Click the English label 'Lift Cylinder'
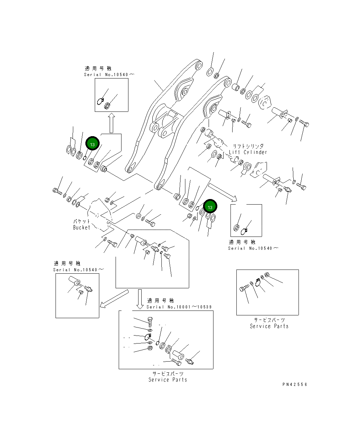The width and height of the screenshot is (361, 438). tap(248, 152)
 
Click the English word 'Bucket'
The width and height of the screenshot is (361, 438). tap(82, 228)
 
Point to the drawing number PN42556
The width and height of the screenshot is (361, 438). tap(295, 384)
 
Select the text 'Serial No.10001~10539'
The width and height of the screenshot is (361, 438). tap(179, 307)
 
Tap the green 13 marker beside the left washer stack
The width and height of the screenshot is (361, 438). tap(92, 144)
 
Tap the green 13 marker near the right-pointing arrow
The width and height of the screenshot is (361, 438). tap(210, 207)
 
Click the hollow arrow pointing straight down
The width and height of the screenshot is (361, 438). tap(140, 299)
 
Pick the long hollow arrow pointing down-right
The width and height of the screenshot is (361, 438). tap(223, 192)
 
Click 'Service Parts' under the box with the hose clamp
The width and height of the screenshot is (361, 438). tap(269, 326)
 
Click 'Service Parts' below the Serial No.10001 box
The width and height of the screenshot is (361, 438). tap(168, 380)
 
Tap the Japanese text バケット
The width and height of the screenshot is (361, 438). tap(82, 221)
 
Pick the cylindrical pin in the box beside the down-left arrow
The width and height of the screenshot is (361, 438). tap(74, 280)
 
